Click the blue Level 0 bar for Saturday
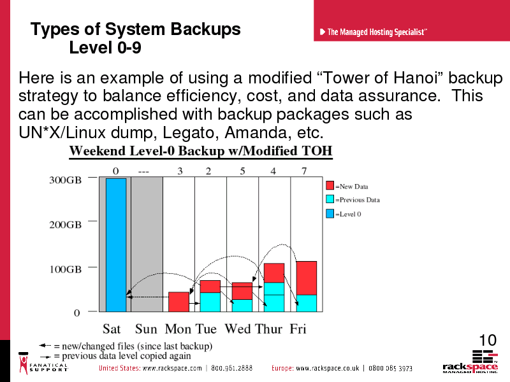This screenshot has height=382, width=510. [x=116, y=245]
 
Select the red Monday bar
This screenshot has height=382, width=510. [x=178, y=302]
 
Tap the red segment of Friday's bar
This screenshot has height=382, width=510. [x=307, y=278]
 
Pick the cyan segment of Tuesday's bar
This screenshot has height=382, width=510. [x=210, y=302]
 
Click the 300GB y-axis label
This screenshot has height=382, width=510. [x=65, y=180]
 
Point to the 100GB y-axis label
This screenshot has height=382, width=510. [x=65, y=269]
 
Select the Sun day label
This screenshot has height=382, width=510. [x=146, y=329]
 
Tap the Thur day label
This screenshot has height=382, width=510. [x=268, y=329]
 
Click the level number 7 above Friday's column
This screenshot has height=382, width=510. [x=304, y=171]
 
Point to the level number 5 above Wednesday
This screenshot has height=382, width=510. [x=242, y=171]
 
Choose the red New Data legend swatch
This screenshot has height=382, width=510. [x=330, y=185]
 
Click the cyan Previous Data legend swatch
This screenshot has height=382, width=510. [x=330, y=199]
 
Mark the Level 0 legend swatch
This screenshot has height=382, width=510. [x=330, y=213]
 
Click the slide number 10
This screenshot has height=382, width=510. [x=488, y=341]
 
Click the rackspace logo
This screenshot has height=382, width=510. [x=470, y=362]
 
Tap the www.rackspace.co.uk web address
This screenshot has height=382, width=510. [x=328, y=369]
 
